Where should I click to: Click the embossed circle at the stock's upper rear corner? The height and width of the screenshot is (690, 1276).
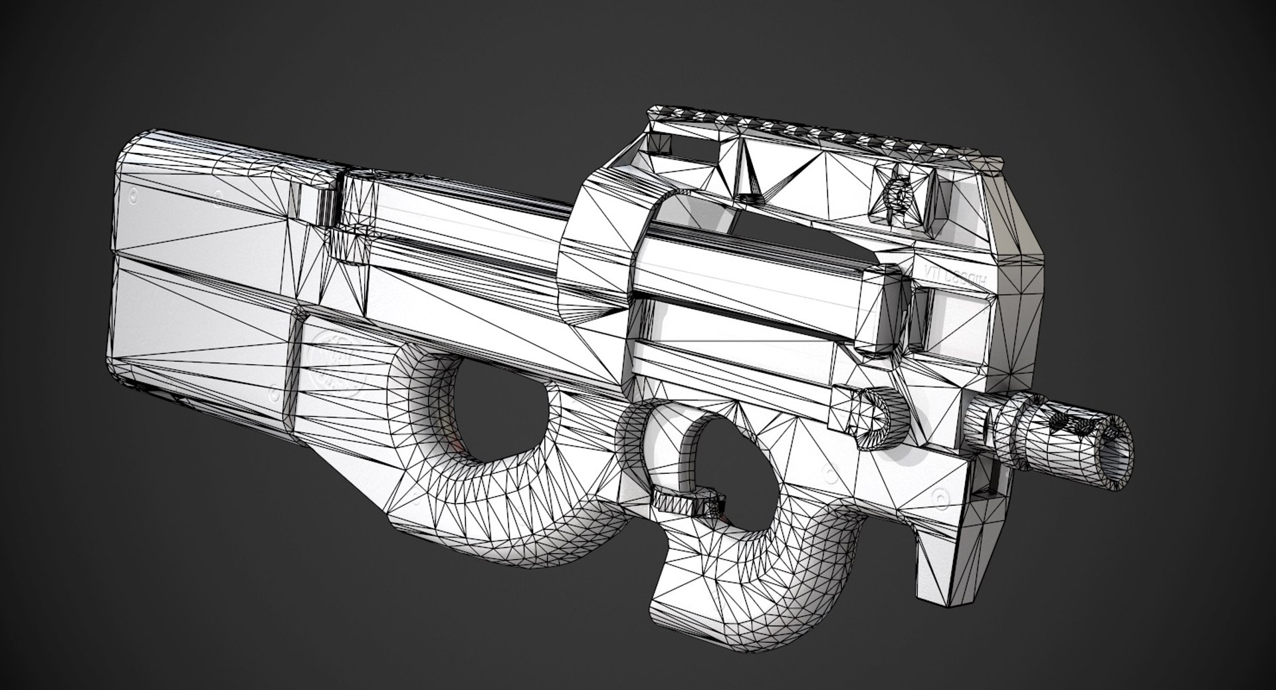point(134,196)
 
